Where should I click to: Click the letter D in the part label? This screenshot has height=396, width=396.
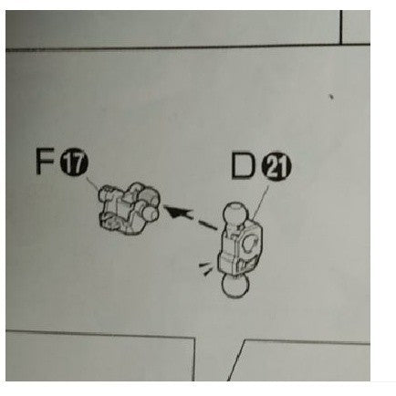coord(243,165)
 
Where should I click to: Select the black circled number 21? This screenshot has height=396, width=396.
coord(276,167)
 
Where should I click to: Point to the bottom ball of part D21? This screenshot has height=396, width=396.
coord(236,286)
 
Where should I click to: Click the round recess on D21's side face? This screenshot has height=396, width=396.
coord(252,243)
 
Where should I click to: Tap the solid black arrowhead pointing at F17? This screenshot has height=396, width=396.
coord(178,211)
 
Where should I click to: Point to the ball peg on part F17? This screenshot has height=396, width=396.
coord(151,213)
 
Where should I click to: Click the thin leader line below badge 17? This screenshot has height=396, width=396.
coord(93,183)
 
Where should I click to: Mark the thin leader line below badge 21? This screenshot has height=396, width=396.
coord(260,203)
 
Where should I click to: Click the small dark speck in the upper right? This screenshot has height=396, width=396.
coord(331,98)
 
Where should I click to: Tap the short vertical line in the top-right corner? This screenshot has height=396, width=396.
coord(341,26)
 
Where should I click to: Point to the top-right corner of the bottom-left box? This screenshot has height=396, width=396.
coord(193,338)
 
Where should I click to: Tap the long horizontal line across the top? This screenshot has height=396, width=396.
coord(172,47)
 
